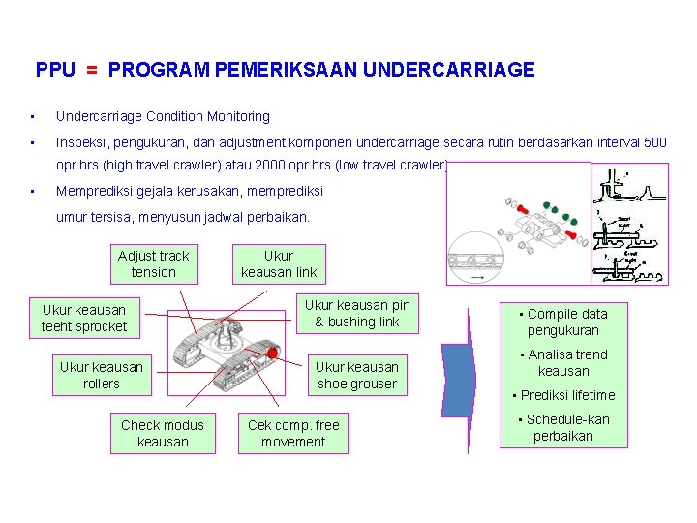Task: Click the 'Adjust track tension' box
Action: pyautogui.click(x=153, y=263)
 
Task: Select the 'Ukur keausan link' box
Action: pyautogui.click(x=278, y=263)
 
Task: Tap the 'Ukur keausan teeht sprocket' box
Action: pyautogui.click(x=84, y=318)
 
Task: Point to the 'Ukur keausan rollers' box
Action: pyautogui.click(x=101, y=375)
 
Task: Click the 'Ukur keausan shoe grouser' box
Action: pyautogui.click(x=356, y=375)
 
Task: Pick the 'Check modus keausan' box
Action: pyautogui.click(x=163, y=433)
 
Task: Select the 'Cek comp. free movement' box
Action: pyautogui.click(x=293, y=433)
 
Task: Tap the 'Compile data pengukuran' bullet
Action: pyautogui.click(x=562, y=322)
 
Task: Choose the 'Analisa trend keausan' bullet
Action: pyautogui.click(x=562, y=362)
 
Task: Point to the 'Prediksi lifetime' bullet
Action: pyautogui.click(x=563, y=395)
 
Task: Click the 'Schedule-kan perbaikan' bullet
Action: pyautogui.click(x=563, y=427)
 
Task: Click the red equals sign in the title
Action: pyautogui.click(x=91, y=70)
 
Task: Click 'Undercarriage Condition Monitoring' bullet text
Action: pyautogui.click(x=163, y=116)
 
